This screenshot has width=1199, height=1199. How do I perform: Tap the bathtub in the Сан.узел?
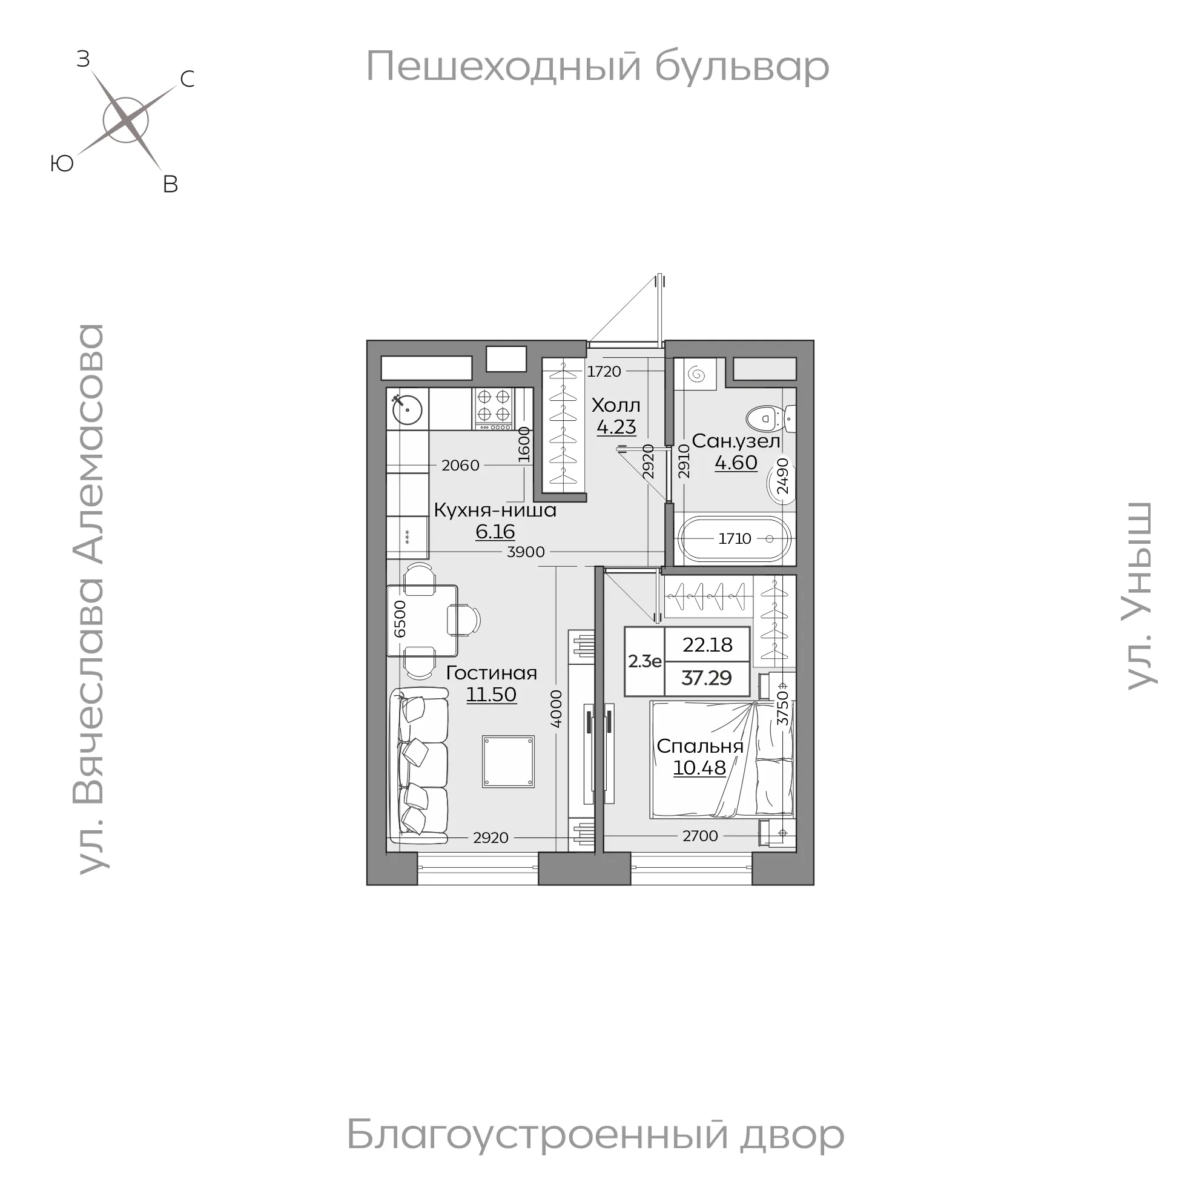pyautogui.click(x=734, y=539)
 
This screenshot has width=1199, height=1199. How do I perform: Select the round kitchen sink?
pyautogui.click(x=407, y=409)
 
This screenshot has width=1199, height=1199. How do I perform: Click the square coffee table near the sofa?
pyautogui.click(x=508, y=761)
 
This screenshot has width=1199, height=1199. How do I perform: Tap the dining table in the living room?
pyautogui.click(x=422, y=620)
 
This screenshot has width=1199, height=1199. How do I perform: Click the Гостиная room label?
pyautogui.click(x=492, y=673)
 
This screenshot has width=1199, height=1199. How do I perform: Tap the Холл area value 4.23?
pyautogui.click(x=616, y=428)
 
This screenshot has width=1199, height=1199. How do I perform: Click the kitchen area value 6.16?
pyautogui.click(x=495, y=532)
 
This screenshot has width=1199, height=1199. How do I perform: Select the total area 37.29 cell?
pyautogui.click(x=706, y=678)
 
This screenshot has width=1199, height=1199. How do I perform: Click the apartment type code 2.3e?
pyautogui.click(x=644, y=661)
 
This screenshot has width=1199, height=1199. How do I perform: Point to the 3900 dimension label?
pyautogui.click(x=526, y=552)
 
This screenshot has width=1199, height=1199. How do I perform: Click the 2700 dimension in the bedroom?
pyautogui.click(x=700, y=836)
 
